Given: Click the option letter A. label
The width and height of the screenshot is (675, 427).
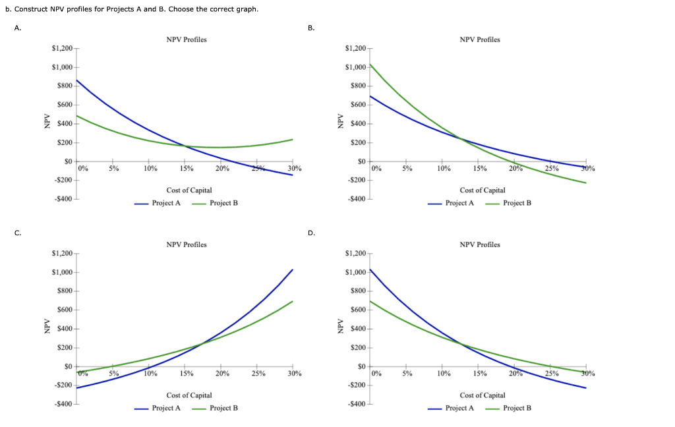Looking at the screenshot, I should click(x=17, y=28).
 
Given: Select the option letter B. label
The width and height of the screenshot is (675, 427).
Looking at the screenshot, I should click(x=311, y=28).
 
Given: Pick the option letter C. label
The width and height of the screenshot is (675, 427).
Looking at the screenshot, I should click(x=17, y=233).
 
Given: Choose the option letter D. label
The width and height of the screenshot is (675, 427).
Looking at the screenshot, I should click(x=311, y=233).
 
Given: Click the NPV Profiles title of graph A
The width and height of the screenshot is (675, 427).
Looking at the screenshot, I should click(x=187, y=40).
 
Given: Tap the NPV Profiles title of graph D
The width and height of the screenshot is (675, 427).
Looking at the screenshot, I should click(x=480, y=244).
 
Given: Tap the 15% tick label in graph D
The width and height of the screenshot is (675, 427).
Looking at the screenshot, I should click(x=479, y=374).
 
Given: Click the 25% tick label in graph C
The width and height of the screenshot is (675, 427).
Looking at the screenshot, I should click(x=258, y=374).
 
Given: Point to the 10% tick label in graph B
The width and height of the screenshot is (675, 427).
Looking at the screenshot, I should click(x=444, y=169).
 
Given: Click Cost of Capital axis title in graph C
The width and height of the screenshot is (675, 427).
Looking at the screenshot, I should click(x=189, y=395).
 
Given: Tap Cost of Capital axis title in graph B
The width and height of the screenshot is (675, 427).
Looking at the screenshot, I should click(x=483, y=190).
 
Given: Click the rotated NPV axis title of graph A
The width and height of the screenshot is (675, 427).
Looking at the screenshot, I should click(x=47, y=124).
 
